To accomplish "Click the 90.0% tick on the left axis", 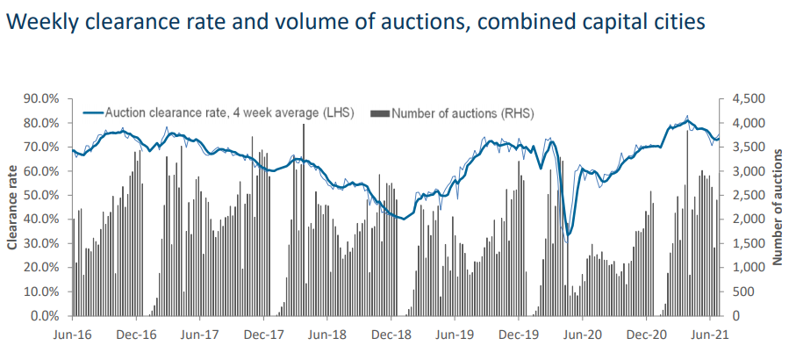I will click(x=41, y=98).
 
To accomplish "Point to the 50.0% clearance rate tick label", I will click(x=41, y=195).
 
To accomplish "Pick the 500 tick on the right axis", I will click(x=742, y=292).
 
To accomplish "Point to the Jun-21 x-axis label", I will click(x=709, y=335).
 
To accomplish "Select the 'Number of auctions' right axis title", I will click(x=777, y=206).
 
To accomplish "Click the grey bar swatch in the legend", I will click(x=380, y=113).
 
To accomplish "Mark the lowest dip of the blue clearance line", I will click(x=569, y=234).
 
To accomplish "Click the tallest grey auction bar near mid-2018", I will click(x=304, y=220).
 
